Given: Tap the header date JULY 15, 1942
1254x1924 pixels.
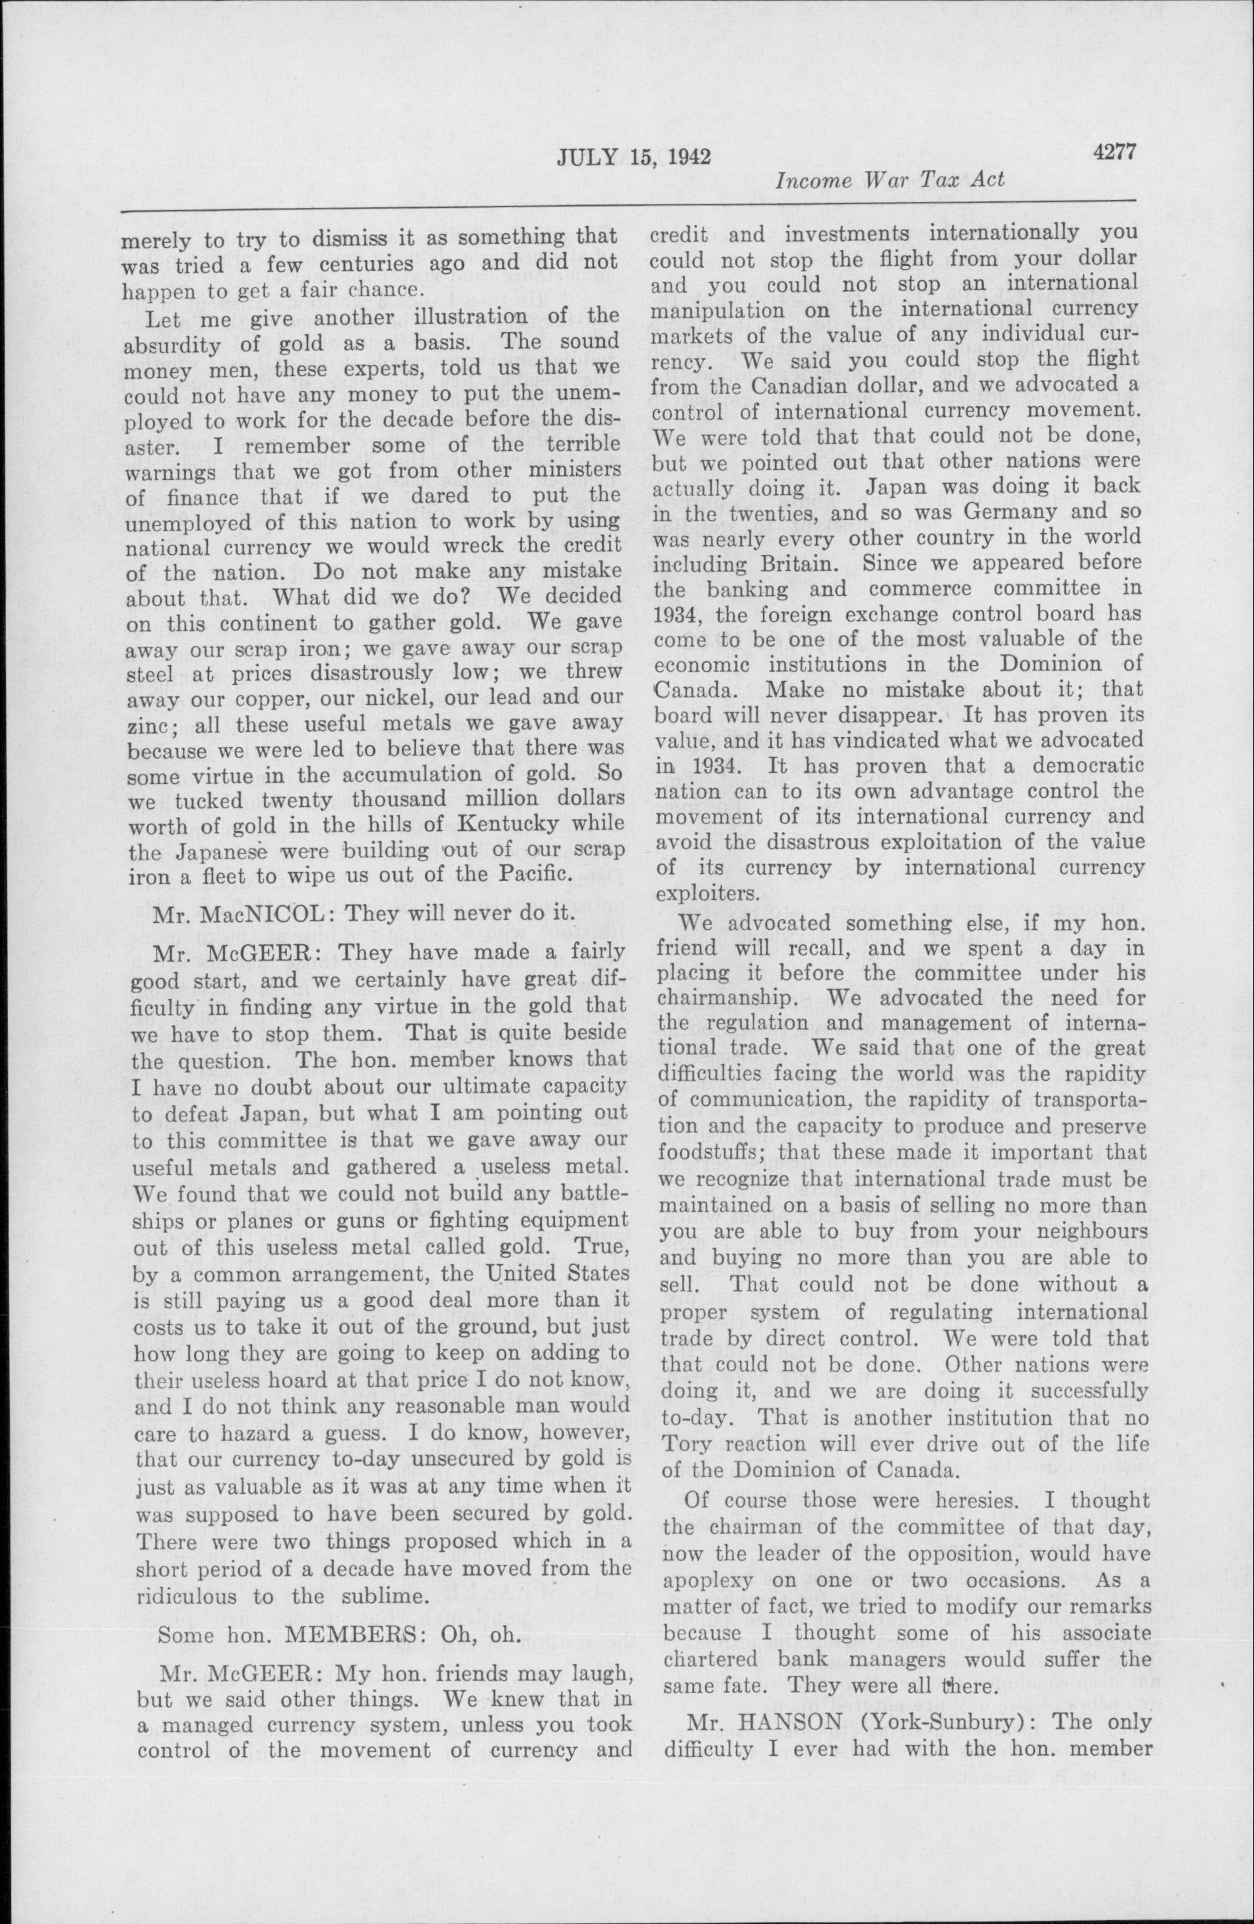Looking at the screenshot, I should [633, 155].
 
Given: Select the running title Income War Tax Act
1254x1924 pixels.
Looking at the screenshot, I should [890, 179].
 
